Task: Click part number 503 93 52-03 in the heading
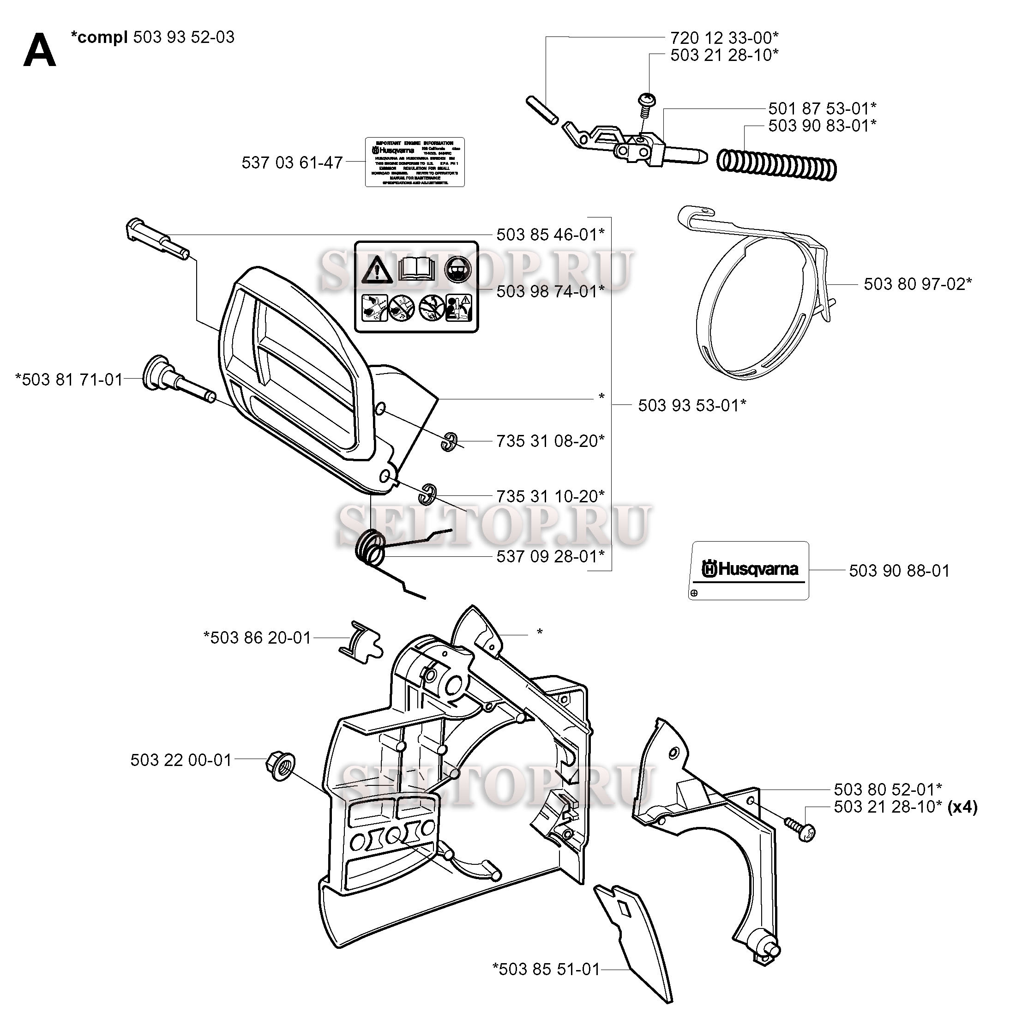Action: click(x=184, y=37)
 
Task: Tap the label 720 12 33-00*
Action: click(x=724, y=38)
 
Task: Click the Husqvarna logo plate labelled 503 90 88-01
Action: click(x=748, y=570)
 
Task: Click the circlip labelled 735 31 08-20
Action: click(x=450, y=440)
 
